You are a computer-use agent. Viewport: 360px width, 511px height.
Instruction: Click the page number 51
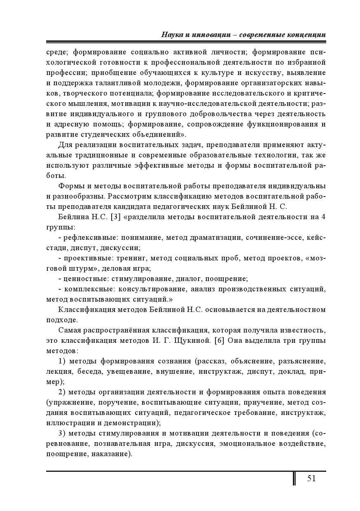311,478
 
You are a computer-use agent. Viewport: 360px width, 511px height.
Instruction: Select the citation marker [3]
110,217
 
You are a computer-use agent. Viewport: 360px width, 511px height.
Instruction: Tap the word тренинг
130,258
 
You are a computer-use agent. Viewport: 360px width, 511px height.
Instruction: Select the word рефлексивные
86,237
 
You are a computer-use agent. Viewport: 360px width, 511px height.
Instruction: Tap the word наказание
113,454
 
